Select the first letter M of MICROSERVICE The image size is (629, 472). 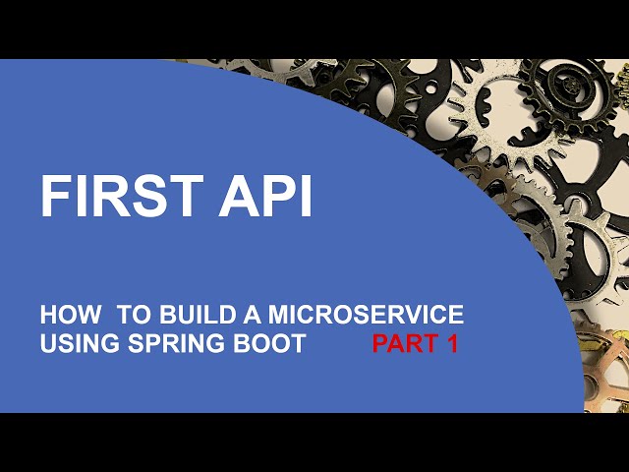point(265,316)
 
